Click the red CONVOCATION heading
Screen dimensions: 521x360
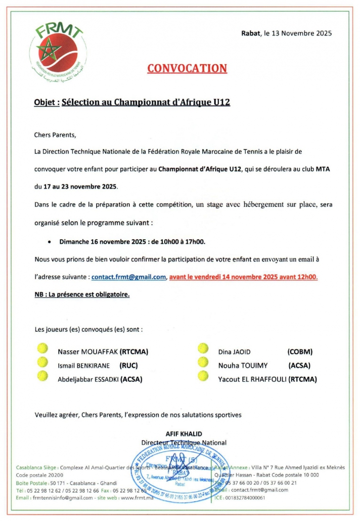(x=187, y=68)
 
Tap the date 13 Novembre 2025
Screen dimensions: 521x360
(x=302, y=33)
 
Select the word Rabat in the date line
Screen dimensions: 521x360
(x=250, y=33)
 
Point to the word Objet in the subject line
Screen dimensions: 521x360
(x=45, y=102)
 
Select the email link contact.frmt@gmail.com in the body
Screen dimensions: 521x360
(x=129, y=277)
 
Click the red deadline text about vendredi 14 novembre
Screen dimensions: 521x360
(x=244, y=277)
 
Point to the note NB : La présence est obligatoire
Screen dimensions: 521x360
(x=82, y=294)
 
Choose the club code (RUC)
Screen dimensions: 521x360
(x=128, y=365)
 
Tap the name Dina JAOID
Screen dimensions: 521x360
(x=234, y=352)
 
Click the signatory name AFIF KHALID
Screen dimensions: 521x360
(x=184, y=433)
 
